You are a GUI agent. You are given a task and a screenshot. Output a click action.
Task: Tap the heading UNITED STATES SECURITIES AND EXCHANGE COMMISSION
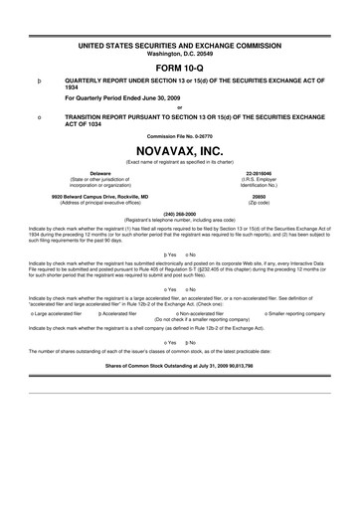(x=180, y=19)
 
